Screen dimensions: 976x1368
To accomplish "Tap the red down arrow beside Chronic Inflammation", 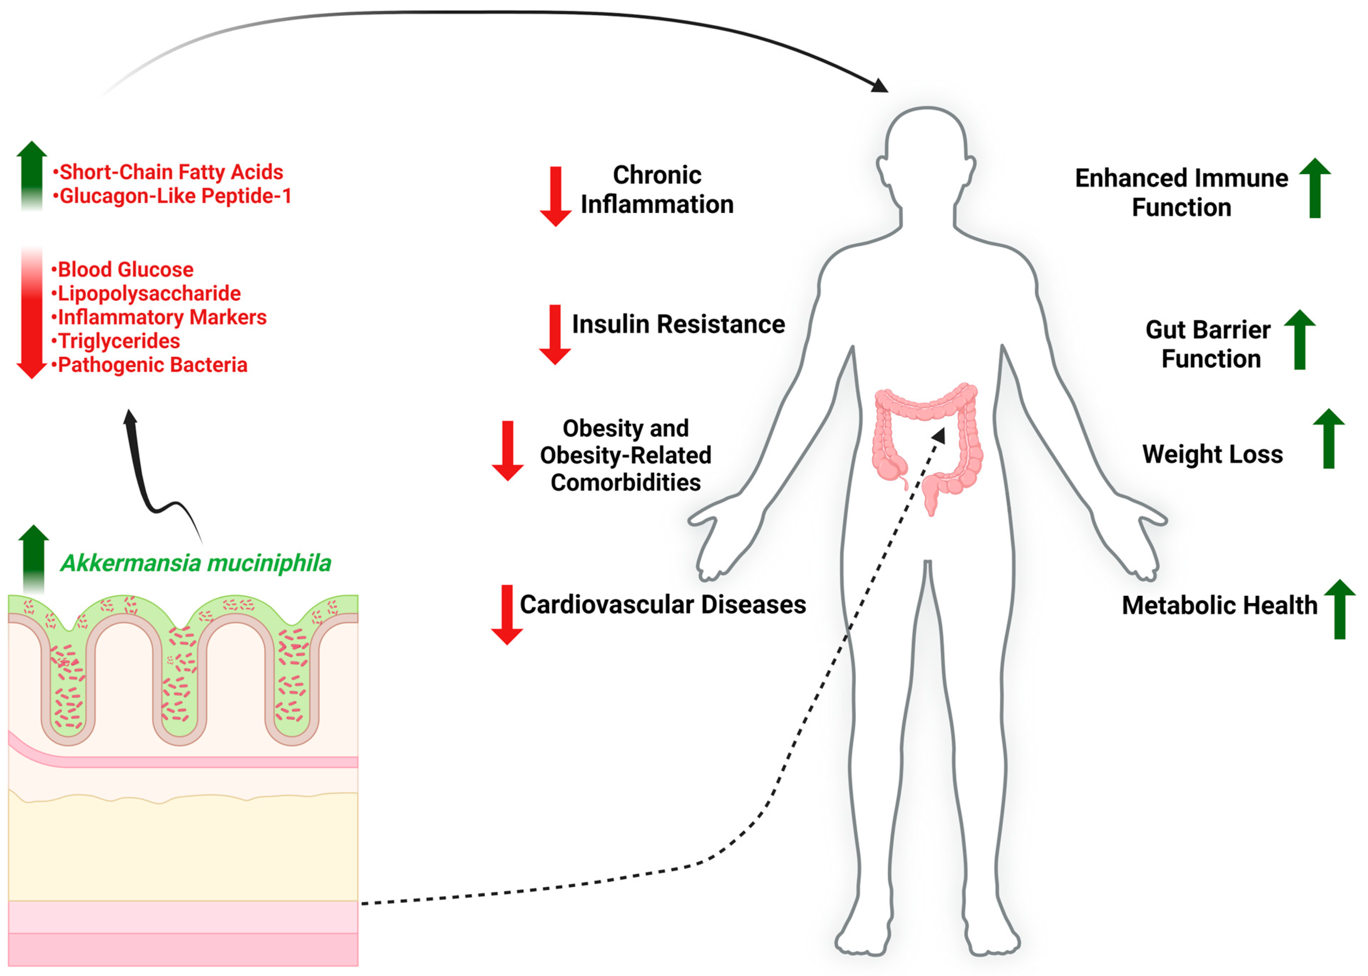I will click(x=555, y=196).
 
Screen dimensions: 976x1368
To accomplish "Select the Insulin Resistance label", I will click(x=678, y=324).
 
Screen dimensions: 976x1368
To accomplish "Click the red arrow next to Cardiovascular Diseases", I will click(x=507, y=614).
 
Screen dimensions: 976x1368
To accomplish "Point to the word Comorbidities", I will click(x=625, y=482).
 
